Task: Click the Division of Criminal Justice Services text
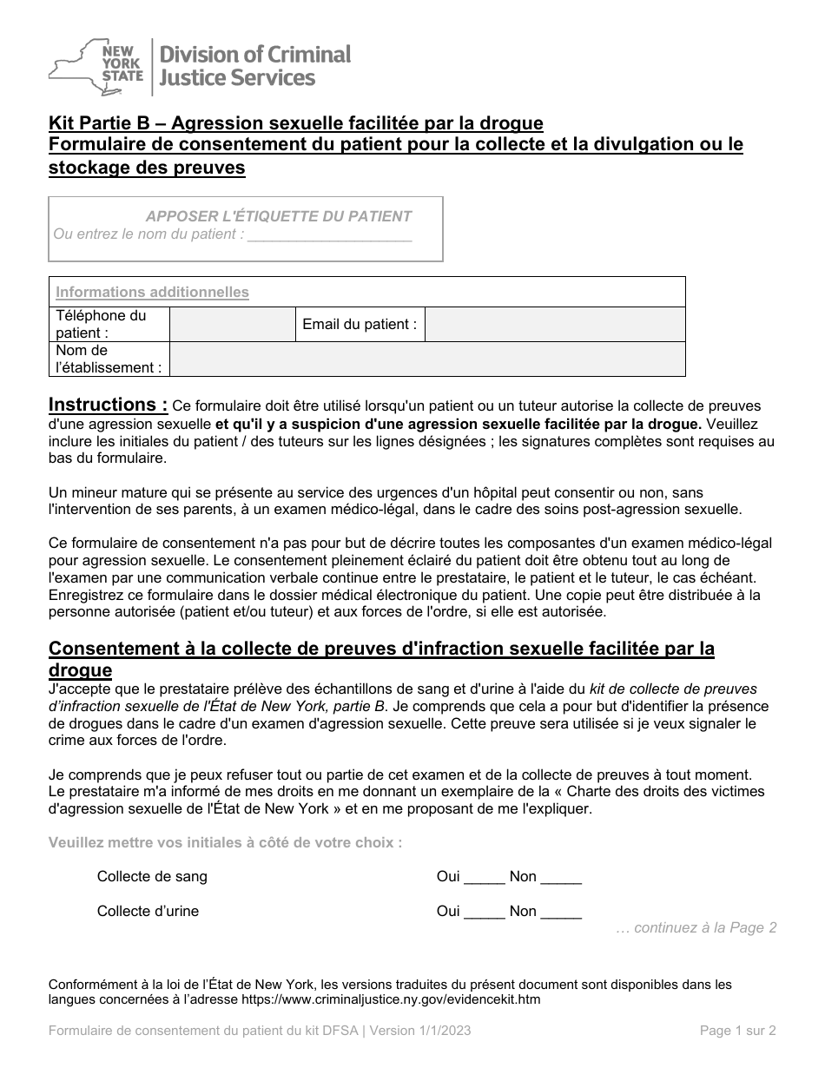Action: (x=252, y=66)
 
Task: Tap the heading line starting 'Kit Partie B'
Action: (x=296, y=123)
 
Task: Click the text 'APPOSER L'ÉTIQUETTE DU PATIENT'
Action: (x=278, y=216)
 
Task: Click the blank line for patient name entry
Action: (x=329, y=235)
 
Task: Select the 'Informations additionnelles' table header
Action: (x=153, y=293)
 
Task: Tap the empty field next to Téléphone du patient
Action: (x=232, y=325)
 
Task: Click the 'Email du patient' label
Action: (x=360, y=325)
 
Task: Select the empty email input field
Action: (x=555, y=325)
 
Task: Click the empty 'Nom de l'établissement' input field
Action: (x=427, y=359)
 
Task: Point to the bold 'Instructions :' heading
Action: (x=109, y=405)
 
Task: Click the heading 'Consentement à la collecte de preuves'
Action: (x=381, y=649)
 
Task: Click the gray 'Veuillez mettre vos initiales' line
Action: (x=226, y=842)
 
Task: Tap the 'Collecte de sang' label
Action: (x=152, y=877)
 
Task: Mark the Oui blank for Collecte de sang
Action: (x=484, y=879)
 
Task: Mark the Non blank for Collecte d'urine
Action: (x=561, y=913)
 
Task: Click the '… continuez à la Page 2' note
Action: (x=696, y=928)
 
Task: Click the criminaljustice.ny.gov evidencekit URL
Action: (x=390, y=999)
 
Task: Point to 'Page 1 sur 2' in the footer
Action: (x=737, y=1032)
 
